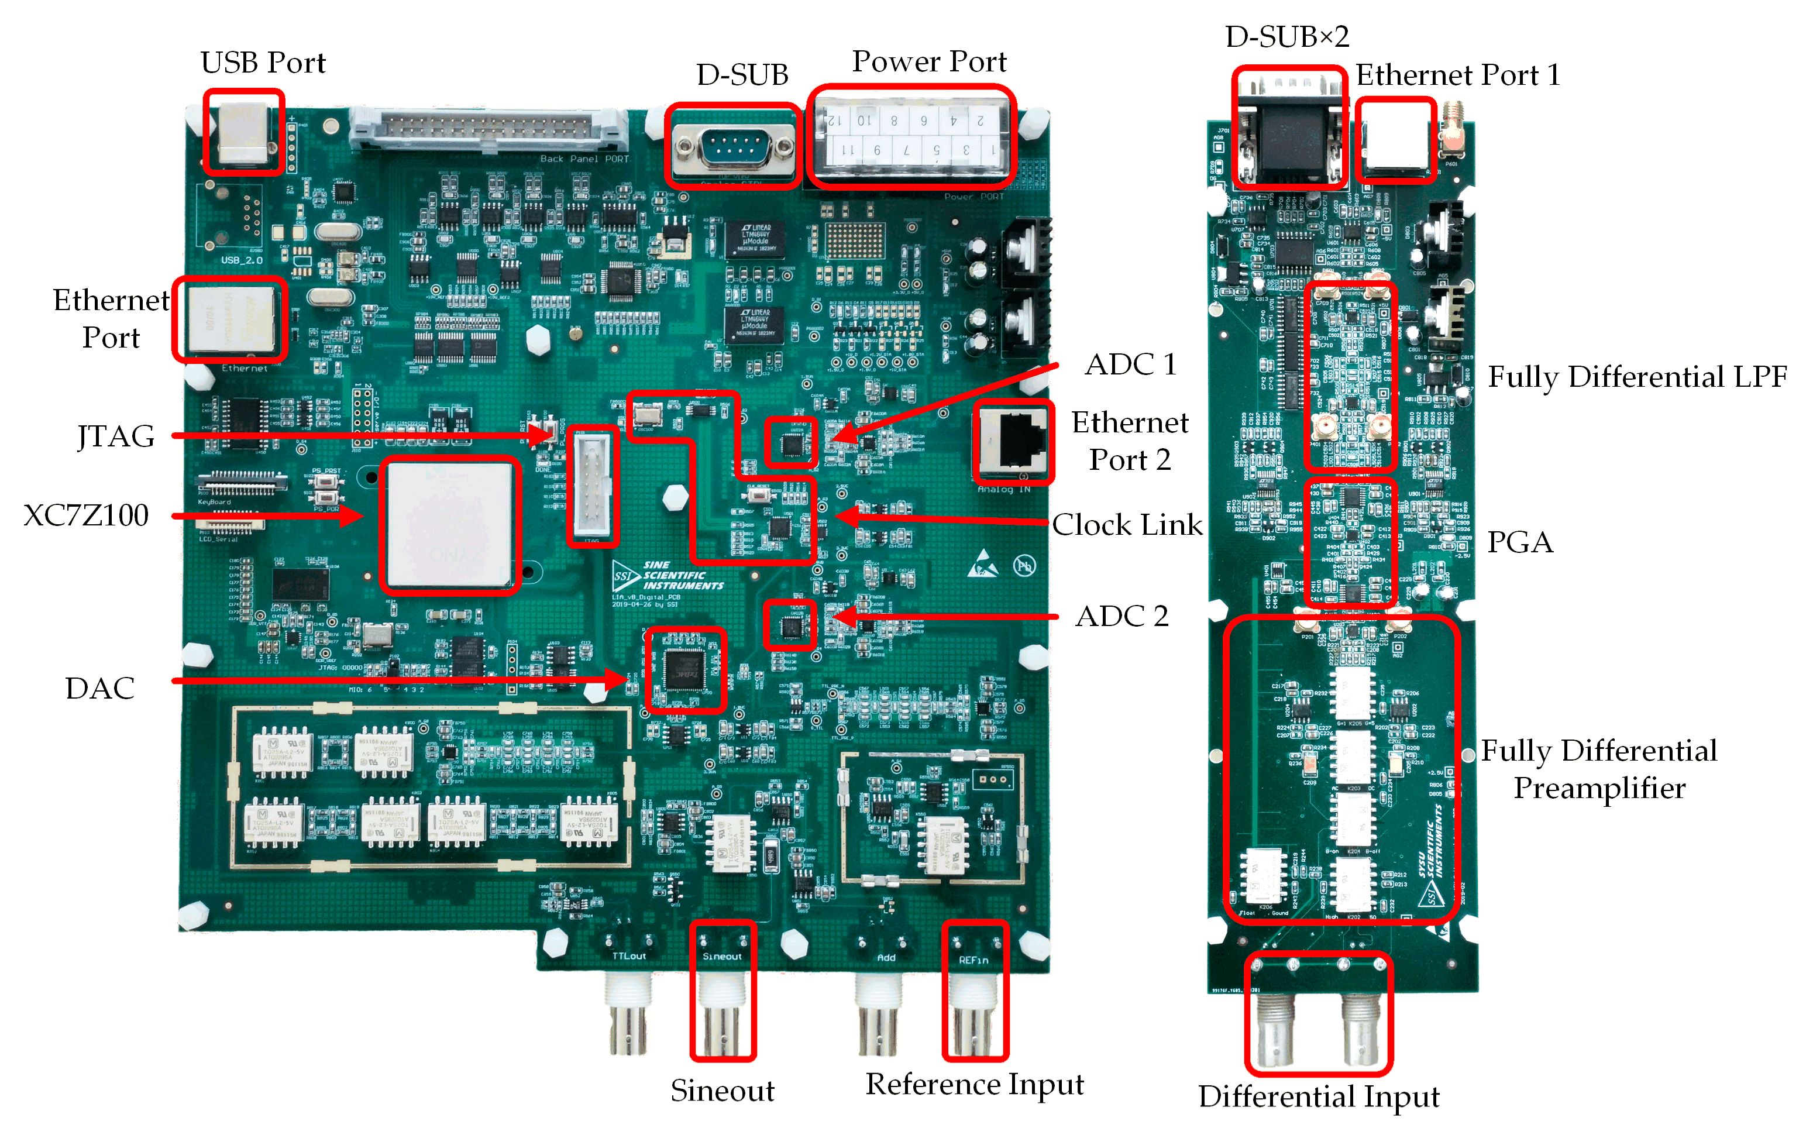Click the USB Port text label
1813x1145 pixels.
(263, 63)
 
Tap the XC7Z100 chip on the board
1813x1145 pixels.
(449, 524)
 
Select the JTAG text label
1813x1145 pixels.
(116, 436)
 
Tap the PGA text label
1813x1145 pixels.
(1519, 542)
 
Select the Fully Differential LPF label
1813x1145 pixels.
(1637, 376)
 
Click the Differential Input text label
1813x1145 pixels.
(1318, 1096)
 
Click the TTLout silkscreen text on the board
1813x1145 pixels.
(629, 956)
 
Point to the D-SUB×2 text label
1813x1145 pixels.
(1286, 36)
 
